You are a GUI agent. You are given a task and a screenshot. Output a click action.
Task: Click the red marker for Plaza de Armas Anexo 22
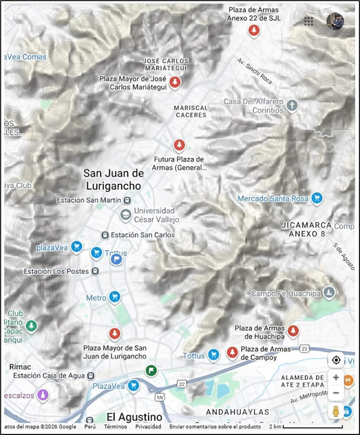coord(254,30)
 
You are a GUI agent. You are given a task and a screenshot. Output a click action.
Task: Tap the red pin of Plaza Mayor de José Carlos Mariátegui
coord(175,83)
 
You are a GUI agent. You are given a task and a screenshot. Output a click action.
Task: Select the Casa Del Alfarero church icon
coord(291,105)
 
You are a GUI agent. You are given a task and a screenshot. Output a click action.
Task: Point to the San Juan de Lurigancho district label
coord(113,179)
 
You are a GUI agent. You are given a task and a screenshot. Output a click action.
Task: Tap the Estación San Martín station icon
coord(128,200)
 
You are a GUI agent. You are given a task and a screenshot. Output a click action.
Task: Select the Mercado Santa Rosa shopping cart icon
coord(317,198)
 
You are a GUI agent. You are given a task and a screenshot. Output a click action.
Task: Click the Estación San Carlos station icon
coord(104,235)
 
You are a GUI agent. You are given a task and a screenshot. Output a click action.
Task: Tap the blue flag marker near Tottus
coord(116,259)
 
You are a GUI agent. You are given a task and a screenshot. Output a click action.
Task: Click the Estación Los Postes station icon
coord(95,271)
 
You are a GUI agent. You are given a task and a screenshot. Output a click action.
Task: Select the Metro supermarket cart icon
coord(115,297)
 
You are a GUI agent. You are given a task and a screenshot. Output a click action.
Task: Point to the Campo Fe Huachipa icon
coord(330,292)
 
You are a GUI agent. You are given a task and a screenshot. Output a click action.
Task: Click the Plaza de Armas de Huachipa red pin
coord(292,330)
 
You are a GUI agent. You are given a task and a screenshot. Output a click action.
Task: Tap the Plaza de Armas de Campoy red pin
coord(232,352)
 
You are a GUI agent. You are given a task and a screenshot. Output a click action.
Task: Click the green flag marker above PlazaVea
coord(150,370)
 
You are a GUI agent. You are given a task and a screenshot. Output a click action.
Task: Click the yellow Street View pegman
coord(336,410)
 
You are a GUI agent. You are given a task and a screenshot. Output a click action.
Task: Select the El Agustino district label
coord(134,417)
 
